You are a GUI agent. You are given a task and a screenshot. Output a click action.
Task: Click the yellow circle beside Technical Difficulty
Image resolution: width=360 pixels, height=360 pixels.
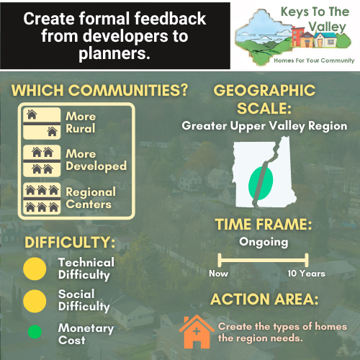tap(35, 269)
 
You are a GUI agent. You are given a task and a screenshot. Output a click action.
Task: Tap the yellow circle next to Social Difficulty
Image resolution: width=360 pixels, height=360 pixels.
tap(35, 301)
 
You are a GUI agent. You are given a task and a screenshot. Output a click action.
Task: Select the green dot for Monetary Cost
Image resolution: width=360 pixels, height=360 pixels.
tap(35, 332)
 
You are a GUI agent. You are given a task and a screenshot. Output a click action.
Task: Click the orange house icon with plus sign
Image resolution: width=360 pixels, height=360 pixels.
tap(197, 332)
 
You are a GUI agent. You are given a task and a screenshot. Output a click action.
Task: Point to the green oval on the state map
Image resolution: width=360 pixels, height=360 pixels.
tap(261, 184)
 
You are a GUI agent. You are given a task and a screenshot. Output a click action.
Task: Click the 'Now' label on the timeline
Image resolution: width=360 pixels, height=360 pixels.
tap(218, 274)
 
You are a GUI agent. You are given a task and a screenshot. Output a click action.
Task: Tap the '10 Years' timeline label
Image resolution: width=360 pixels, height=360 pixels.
tap(306, 274)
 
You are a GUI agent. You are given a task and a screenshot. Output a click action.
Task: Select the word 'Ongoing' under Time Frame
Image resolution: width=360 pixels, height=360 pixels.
tap(264, 243)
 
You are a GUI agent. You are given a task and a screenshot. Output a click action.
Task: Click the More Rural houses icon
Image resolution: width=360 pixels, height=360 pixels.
tap(42, 123)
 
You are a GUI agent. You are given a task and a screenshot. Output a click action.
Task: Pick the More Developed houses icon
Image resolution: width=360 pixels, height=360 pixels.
tap(42, 161)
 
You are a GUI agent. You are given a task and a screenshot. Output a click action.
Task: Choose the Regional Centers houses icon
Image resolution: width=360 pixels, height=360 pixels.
tap(42, 198)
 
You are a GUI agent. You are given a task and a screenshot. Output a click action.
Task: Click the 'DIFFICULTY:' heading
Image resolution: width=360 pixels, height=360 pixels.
tap(70, 242)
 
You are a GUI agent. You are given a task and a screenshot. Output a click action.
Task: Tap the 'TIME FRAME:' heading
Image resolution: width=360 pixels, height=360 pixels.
tap(264, 225)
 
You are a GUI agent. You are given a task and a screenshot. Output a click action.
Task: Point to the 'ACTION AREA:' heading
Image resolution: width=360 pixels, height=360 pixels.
tap(264, 300)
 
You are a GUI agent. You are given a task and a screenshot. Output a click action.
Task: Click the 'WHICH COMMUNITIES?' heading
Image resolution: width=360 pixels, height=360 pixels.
tap(99, 91)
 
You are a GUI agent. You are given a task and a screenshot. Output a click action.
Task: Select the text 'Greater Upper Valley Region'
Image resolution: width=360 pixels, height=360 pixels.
tap(264, 126)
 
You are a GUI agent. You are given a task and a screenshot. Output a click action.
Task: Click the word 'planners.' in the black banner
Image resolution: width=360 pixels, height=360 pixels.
tap(114, 53)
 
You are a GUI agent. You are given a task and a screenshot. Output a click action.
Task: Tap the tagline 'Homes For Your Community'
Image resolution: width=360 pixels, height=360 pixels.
tap(314, 60)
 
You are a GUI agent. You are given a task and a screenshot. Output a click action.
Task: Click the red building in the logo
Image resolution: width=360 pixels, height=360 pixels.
tap(297, 36)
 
